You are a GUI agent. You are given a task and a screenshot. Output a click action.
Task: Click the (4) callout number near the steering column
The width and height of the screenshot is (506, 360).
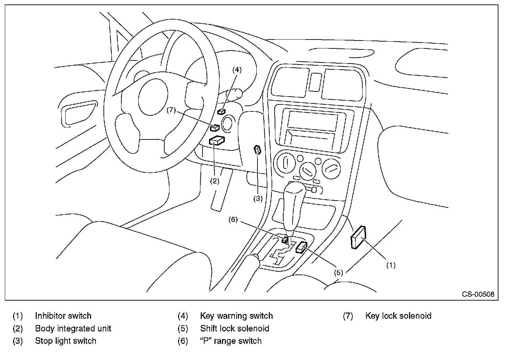point(237,70)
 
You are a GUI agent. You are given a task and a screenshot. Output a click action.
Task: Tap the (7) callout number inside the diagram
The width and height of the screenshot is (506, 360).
point(171,110)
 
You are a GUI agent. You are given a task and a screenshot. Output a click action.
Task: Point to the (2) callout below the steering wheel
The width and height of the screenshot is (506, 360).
point(214,181)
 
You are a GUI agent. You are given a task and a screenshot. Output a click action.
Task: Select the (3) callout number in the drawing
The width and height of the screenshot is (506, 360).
point(258,198)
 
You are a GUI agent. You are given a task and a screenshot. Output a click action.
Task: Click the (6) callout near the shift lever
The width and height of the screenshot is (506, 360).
point(233,220)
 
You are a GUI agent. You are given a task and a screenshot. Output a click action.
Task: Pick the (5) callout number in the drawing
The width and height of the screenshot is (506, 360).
point(339,272)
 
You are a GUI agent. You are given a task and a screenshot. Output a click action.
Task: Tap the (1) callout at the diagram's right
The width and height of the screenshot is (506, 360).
point(391,265)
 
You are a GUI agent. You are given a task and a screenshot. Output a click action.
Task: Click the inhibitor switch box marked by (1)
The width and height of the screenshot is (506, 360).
point(358,237)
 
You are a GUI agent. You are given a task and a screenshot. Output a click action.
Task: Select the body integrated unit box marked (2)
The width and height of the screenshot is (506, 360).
point(217,140)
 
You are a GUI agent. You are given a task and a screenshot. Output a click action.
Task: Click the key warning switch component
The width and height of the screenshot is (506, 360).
point(221,111)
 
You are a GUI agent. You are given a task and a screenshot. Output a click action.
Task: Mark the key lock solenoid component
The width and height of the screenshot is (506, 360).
point(214,128)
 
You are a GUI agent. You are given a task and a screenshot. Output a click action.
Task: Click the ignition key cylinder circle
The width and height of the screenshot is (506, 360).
point(227,124)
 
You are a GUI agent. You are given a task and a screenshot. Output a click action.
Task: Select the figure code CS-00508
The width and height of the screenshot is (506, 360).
point(478,294)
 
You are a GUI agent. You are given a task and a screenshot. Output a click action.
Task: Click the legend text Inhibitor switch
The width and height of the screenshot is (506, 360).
point(63,316)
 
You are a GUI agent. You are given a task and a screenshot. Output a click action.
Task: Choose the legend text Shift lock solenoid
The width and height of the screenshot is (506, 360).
point(234,328)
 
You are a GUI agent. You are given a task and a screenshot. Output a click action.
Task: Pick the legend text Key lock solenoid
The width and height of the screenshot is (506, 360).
point(398,316)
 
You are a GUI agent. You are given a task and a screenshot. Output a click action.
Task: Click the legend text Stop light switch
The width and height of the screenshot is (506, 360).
point(66,341)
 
